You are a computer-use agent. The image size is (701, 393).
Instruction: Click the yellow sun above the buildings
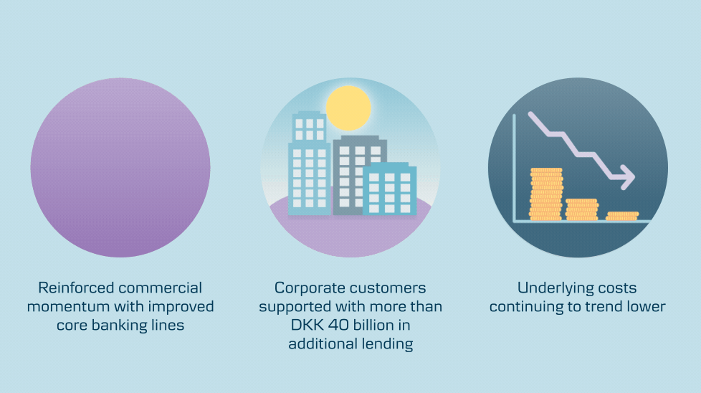[348, 108]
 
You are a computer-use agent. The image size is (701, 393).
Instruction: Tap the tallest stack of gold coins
[546, 194]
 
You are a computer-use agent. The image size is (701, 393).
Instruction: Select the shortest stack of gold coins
[622, 216]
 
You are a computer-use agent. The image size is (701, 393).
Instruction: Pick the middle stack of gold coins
[581, 209]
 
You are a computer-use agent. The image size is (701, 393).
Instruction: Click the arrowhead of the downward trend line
[626, 176]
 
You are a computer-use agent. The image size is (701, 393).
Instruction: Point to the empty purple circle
[120, 168]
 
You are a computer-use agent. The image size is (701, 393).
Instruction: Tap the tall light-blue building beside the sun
[310, 164]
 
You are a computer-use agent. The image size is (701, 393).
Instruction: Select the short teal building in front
[389, 189]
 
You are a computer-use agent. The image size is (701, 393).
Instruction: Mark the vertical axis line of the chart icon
[514, 168]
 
